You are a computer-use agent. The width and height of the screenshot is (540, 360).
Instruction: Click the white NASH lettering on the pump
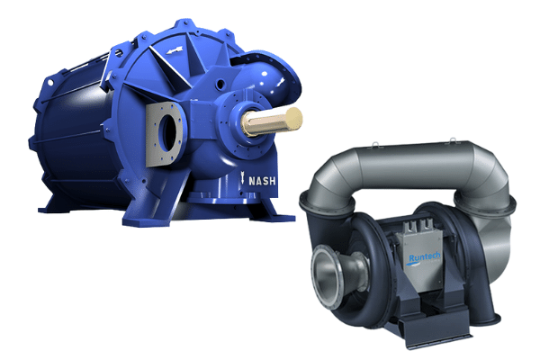262,181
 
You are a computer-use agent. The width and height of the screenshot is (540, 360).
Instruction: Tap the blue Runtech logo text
423,257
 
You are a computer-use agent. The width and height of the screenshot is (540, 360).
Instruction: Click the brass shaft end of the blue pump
272,121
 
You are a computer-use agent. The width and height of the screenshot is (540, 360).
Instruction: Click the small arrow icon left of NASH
242,178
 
